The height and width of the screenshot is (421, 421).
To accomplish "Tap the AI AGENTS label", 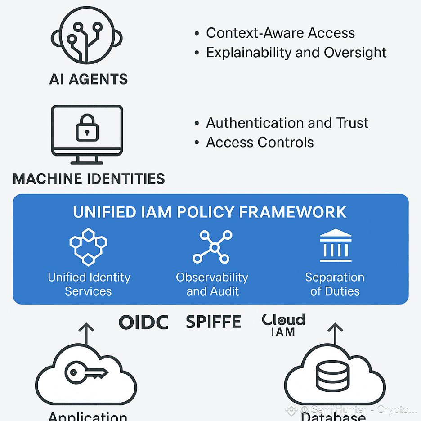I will (x=89, y=80).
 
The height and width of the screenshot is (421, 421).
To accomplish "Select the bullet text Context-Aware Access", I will (x=280, y=33).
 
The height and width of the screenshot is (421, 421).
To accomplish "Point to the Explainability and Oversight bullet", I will (x=296, y=52).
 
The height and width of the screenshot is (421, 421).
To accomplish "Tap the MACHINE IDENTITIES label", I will (x=89, y=179).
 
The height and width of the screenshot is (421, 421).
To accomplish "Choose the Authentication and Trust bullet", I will (x=287, y=123).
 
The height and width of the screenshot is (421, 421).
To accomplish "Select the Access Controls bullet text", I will (x=260, y=142).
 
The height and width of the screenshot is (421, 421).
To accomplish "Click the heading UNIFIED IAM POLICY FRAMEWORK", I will (x=210, y=212).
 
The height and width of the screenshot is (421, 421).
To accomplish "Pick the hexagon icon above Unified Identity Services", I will (x=88, y=246).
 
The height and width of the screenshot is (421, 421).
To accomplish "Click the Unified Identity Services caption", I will (x=89, y=284).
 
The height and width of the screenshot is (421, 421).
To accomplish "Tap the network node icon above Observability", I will (x=212, y=246).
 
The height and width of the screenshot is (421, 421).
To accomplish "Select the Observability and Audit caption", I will (x=212, y=284).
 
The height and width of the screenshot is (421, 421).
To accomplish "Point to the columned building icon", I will (x=335, y=246).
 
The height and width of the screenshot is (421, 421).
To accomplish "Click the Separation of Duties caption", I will (x=335, y=284).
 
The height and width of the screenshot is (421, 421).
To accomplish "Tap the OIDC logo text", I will (x=143, y=322).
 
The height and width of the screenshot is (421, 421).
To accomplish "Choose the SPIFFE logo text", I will (x=213, y=322).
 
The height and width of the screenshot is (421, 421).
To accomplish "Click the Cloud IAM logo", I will (x=283, y=324).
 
